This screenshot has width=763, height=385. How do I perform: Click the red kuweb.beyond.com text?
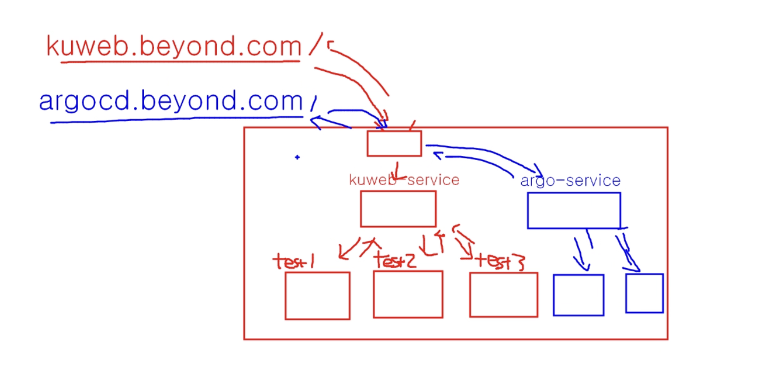pos(174,47)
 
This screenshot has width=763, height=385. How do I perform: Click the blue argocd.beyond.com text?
pos(171,101)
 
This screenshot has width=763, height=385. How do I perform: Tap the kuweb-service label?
pos(404,180)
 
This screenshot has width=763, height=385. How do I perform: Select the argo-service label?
pos(570,181)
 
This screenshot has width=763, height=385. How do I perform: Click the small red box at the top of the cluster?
pos(394,144)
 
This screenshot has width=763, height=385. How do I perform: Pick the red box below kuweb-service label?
pos(398,208)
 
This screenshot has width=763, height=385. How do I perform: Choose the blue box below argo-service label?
pos(574,211)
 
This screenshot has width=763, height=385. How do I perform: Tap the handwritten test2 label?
pos(395,261)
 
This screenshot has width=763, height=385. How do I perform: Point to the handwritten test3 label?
pos(500,262)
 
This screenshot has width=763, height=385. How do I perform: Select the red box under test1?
pos(317,296)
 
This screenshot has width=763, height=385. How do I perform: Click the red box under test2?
pos(408,294)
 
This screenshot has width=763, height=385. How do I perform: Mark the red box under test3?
pos(503,295)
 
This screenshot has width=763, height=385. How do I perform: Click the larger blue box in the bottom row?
pos(579,295)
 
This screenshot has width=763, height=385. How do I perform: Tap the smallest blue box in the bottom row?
pos(645,293)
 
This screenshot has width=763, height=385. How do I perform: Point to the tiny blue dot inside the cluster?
pos(297,157)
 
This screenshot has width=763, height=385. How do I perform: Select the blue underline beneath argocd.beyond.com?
pos(175,120)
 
